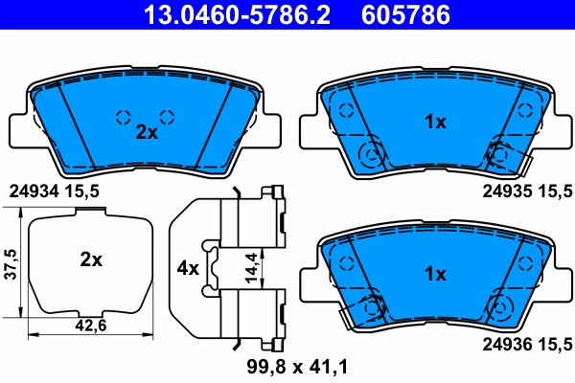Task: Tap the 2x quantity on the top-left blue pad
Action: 146,133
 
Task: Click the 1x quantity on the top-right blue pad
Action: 435,123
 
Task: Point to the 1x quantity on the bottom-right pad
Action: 435,274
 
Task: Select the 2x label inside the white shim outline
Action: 91,259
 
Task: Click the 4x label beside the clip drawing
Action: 188,268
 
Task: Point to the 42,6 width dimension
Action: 90,325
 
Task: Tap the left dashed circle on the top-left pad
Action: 123,117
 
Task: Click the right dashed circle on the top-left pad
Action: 166,117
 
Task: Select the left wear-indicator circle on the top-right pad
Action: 369,153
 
